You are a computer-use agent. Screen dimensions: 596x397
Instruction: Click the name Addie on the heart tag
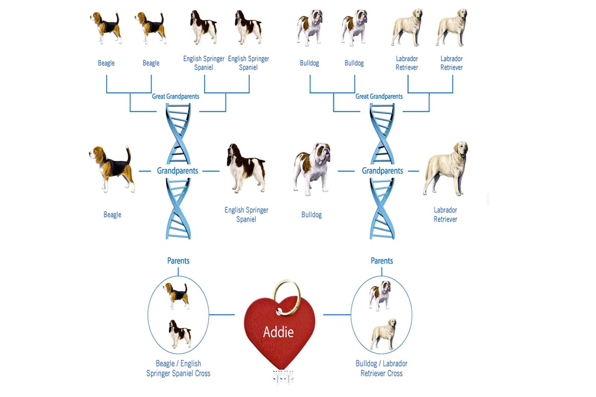click(x=278, y=332)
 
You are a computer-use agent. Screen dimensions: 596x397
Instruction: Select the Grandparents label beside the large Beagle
click(x=177, y=171)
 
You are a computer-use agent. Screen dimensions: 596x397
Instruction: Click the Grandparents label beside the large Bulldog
click(x=382, y=171)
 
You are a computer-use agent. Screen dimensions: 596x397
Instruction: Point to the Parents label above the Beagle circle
click(x=178, y=261)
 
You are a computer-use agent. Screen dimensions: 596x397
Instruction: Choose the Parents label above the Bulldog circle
click(x=382, y=261)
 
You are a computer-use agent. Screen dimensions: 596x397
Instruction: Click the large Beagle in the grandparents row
click(x=112, y=169)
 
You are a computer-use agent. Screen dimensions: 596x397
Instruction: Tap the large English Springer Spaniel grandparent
click(x=246, y=168)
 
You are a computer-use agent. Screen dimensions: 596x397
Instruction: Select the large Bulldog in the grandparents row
click(x=311, y=169)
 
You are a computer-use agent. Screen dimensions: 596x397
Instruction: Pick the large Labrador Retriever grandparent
click(x=446, y=168)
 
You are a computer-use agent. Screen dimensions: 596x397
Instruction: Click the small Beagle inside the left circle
click(x=177, y=296)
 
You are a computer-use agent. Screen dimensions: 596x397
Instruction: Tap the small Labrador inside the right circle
click(x=383, y=334)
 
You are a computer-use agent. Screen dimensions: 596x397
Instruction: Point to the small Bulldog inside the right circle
click(x=380, y=296)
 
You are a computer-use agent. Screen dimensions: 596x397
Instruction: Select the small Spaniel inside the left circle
click(x=180, y=334)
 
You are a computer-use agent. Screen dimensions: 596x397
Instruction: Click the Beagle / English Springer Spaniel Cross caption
click(x=178, y=368)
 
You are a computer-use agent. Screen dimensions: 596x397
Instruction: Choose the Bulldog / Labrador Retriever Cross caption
click(x=381, y=368)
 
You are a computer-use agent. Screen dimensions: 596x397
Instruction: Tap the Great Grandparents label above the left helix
click(x=175, y=97)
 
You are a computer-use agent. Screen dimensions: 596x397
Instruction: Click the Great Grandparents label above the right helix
click(x=379, y=97)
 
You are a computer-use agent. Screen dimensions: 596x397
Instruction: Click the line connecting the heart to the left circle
click(x=222, y=315)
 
